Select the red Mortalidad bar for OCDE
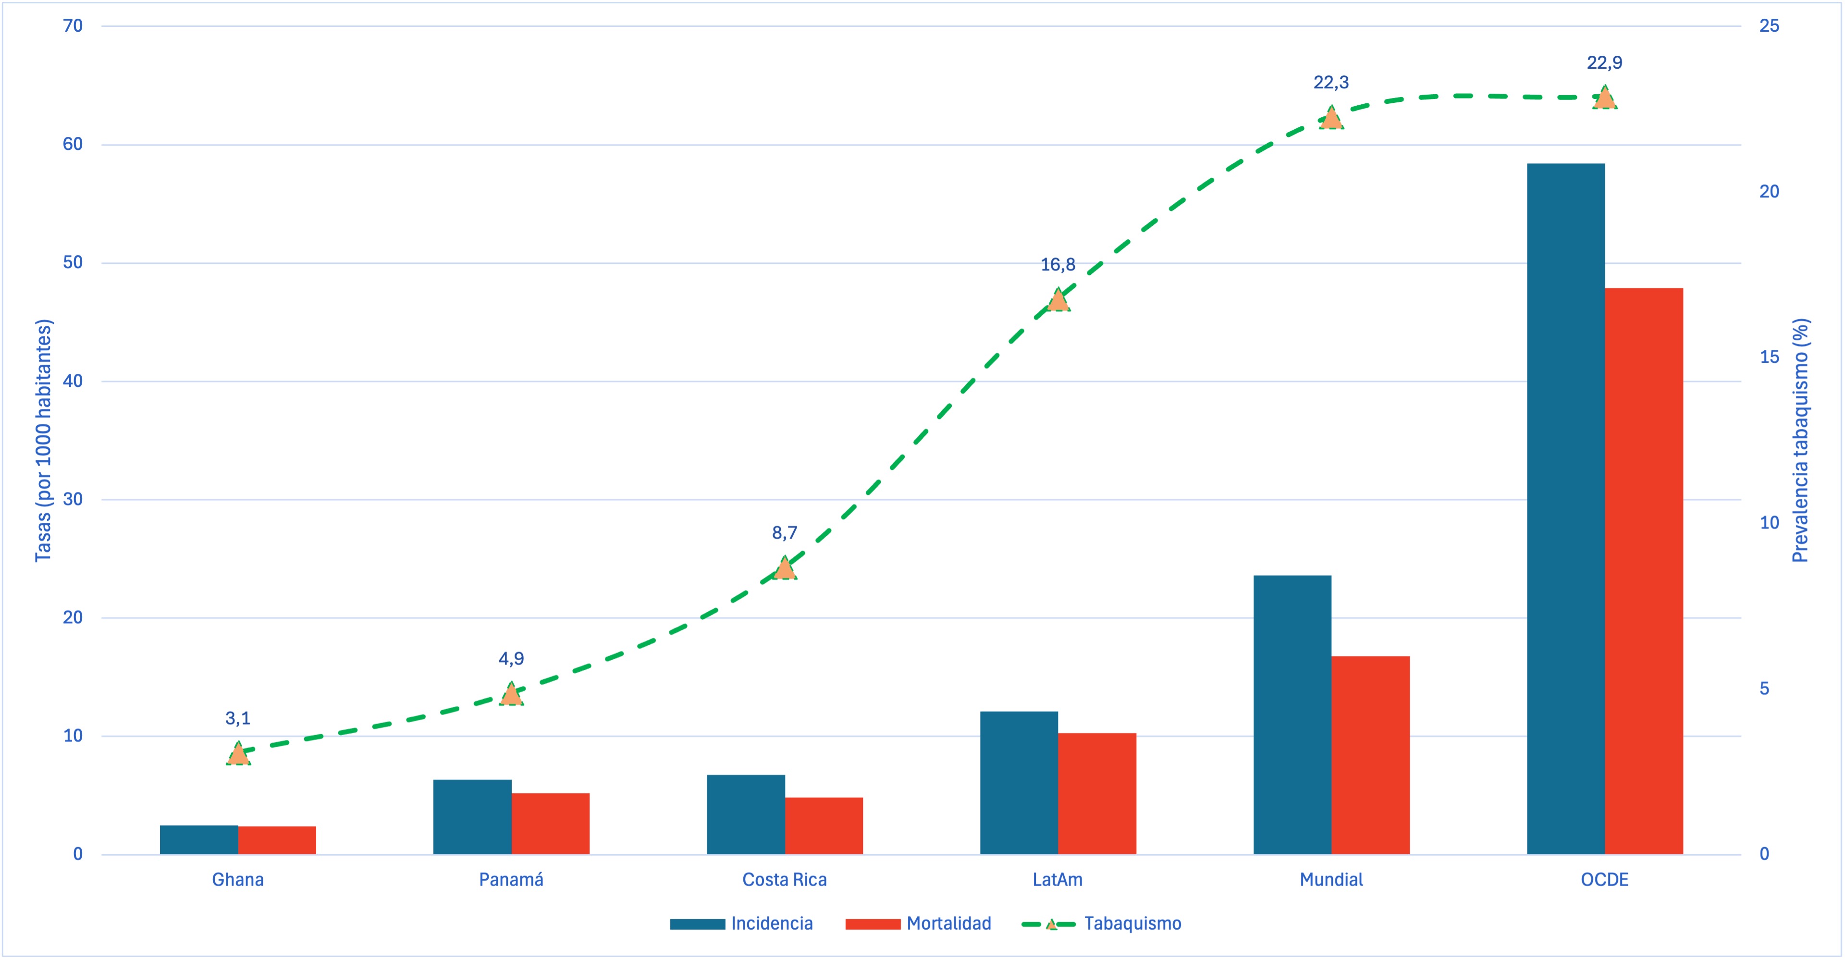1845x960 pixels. point(1644,571)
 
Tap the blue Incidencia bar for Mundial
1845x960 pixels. point(1292,714)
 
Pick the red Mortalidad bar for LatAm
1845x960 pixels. point(1096,793)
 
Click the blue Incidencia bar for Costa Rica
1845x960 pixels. point(746,814)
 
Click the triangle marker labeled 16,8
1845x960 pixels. point(1058,300)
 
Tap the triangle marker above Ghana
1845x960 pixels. point(238,754)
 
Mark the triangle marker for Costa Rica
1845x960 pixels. point(784,568)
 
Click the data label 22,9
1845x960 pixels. point(1604,63)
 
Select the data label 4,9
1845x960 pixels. point(511,658)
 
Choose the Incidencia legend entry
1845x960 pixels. point(741,923)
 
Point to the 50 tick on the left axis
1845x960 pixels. point(73,262)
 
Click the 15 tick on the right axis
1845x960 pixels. point(1769,357)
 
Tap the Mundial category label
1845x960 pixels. point(1331,880)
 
